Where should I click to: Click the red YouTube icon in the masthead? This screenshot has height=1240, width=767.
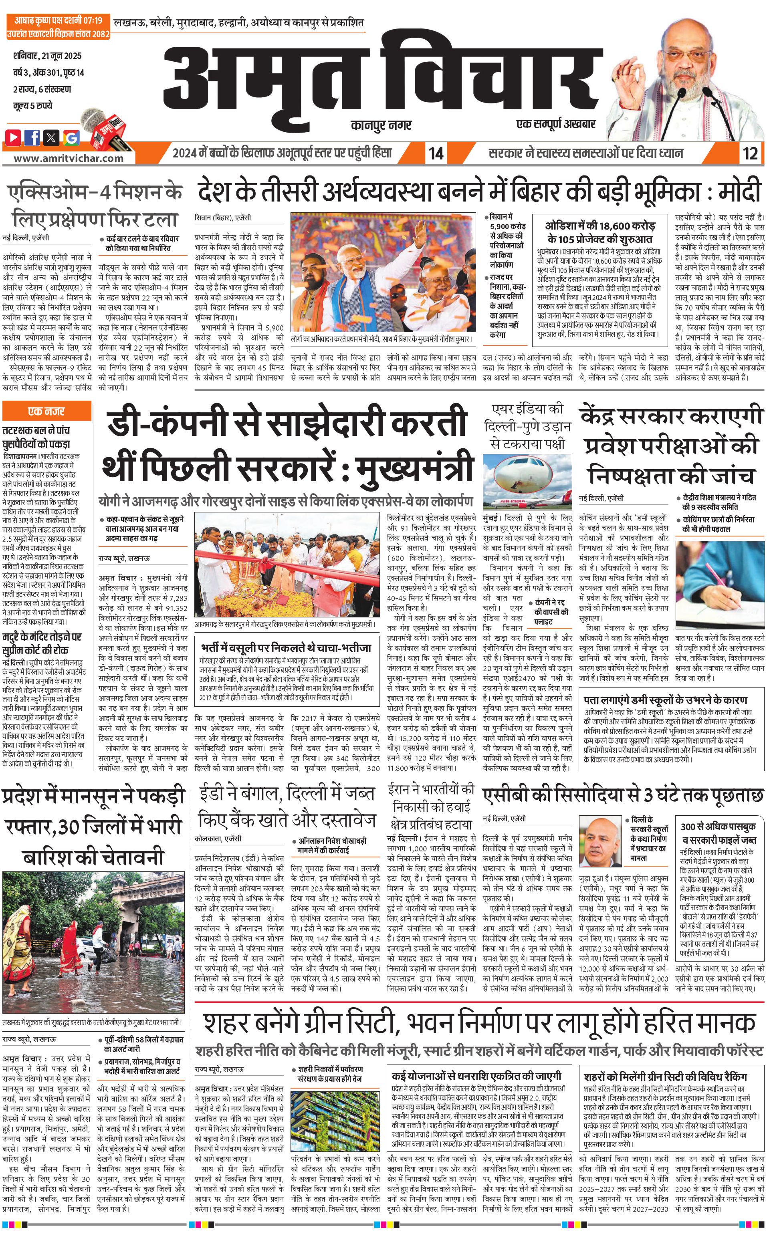pos(13,137)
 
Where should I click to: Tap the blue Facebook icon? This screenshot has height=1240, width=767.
pos(32,137)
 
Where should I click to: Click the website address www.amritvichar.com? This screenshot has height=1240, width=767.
pos(69,158)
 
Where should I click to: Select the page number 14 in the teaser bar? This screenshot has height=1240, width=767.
pos(436,153)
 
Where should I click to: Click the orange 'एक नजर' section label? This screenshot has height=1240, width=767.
pos(46,411)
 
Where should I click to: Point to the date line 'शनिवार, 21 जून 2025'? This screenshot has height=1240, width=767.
pos(47,56)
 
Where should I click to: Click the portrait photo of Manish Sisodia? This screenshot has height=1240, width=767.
pos(601,841)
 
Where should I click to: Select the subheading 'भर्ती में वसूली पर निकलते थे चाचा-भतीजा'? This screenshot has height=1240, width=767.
pos(286,647)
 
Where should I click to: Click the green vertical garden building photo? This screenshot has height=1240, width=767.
pos(335,1117)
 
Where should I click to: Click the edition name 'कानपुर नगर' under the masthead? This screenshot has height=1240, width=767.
pos(381,125)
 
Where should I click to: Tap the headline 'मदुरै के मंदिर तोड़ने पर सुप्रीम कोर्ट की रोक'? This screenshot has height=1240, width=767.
pos(42,643)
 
